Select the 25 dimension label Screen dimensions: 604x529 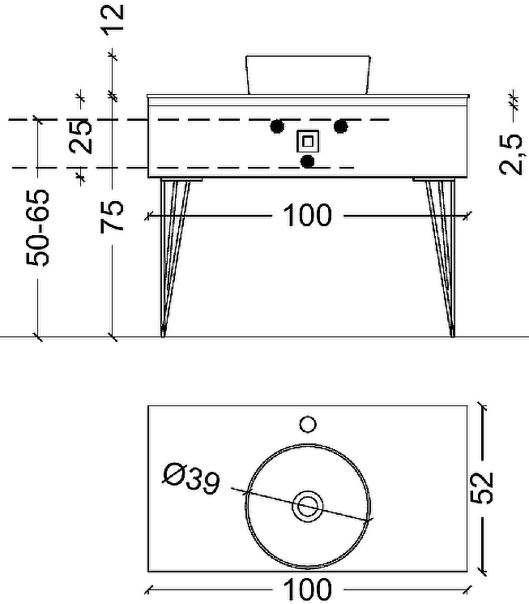pyautogui.click(x=80, y=135)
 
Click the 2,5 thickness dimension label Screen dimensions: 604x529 pyautogui.click(x=510, y=154)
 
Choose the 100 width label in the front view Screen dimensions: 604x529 pyautogui.click(x=308, y=216)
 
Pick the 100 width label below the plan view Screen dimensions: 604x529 pyautogui.click(x=308, y=589)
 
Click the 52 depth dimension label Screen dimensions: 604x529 pyautogui.click(x=483, y=487)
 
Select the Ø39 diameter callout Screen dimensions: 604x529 pyautogui.click(x=190, y=480)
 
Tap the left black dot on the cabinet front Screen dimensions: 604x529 pyautogui.click(x=277, y=126)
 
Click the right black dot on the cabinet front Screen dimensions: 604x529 pyautogui.click(x=340, y=126)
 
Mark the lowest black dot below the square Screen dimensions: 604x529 pyautogui.click(x=308, y=161)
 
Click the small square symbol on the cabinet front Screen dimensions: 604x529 pyautogui.click(x=308, y=141)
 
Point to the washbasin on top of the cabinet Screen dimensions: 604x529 pyautogui.click(x=307, y=74)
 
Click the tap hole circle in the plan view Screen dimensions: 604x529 pyautogui.click(x=308, y=423)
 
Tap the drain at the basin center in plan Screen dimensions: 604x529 pyautogui.click(x=308, y=505)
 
